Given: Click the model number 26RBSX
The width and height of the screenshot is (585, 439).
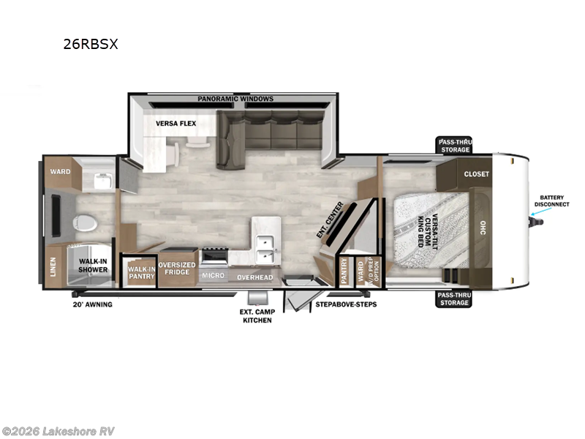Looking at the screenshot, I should point(91,43).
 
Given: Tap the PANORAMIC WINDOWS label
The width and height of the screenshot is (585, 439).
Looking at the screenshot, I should point(235,99).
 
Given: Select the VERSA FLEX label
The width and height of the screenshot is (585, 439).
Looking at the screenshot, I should point(175,124).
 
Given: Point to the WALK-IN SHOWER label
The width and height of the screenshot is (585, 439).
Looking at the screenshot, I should point(94,266).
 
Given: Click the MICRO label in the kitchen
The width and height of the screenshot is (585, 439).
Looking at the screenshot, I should point(213,276).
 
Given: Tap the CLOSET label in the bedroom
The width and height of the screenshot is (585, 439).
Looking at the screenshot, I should point(476,173).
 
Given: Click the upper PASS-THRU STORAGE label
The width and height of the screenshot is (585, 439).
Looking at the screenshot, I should point(454,145).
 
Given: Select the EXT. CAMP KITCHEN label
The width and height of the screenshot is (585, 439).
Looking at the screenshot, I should point(257,316).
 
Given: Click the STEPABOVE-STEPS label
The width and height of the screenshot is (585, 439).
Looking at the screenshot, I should point(346,304).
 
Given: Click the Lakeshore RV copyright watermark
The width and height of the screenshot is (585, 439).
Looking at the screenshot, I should point(58,431).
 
